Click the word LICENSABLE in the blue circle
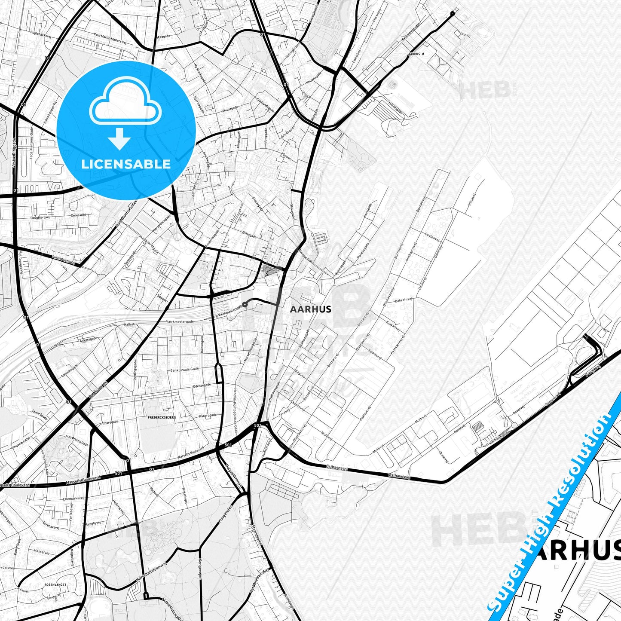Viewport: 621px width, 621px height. point(126,164)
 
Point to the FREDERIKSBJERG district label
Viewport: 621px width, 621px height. point(162,417)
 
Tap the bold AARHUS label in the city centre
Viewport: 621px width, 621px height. point(310,309)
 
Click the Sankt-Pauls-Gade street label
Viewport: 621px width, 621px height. point(184,369)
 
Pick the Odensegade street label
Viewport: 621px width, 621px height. point(202,385)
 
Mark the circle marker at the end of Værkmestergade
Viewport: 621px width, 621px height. point(245,304)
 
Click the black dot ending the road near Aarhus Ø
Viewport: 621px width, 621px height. point(452,14)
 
